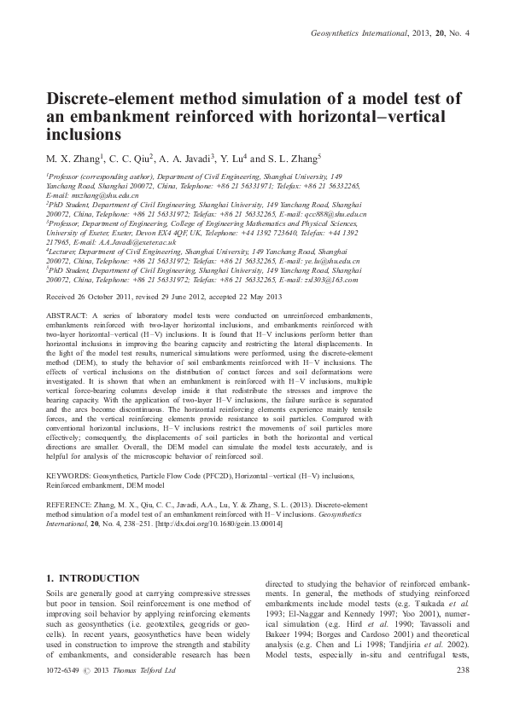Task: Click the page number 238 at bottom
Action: point(464,695)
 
